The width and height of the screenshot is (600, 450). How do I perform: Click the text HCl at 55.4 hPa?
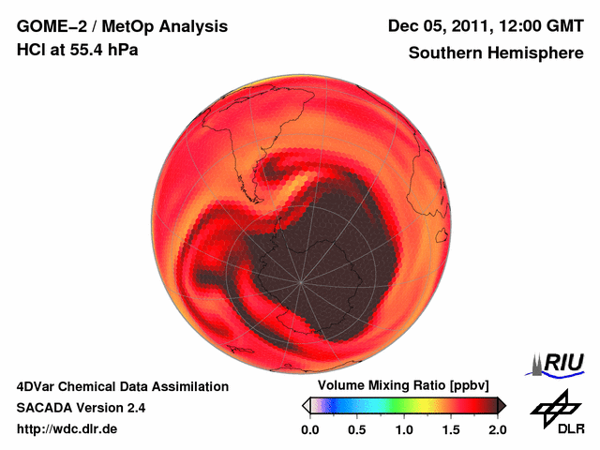click(77, 49)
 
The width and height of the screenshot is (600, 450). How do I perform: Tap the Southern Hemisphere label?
click(496, 53)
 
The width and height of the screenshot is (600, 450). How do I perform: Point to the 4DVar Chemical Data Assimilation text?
click(122, 386)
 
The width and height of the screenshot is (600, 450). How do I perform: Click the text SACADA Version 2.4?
click(81, 408)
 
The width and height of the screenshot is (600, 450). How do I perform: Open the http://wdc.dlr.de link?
click(67, 429)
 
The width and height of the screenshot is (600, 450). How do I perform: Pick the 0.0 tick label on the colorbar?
click(310, 429)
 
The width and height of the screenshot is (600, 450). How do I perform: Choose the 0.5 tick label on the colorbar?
click(357, 429)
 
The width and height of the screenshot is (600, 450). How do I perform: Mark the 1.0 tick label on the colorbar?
click(404, 429)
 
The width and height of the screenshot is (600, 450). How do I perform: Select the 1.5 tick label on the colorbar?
click(451, 429)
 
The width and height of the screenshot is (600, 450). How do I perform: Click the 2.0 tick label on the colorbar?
click(497, 429)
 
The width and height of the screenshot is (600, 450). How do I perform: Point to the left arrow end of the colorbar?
click(306, 405)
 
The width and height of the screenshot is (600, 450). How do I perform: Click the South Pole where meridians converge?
click(300, 281)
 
